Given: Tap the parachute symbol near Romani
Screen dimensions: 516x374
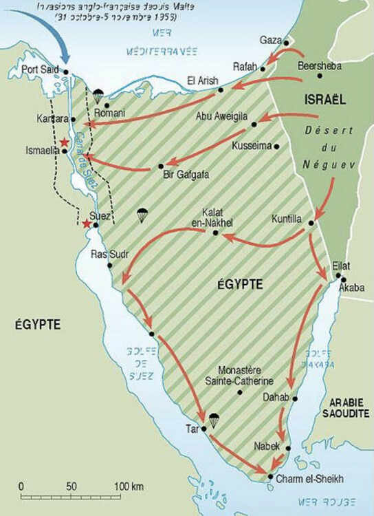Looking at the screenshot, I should pyautogui.click(x=98, y=95).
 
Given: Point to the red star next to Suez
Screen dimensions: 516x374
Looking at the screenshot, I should pyautogui.click(x=86, y=224).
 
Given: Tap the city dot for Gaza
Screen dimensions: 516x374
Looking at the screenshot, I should pyautogui.click(x=286, y=42).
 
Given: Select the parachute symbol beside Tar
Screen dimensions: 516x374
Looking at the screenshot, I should pyautogui.click(x=213, y=418).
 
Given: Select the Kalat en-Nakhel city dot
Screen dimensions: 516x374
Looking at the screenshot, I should pyautogui.click(x=216, y=233).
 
